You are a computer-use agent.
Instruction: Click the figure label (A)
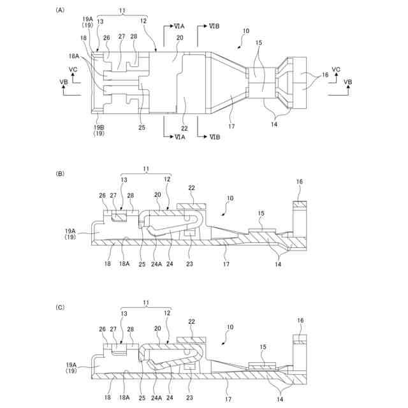(x=60, y=10)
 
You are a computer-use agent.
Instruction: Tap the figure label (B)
(x=60, y=173)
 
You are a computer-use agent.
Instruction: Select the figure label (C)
(x=60, y=307)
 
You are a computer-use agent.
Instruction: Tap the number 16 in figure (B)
(x=300, y=182)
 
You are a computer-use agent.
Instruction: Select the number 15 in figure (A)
(x=258, y=61)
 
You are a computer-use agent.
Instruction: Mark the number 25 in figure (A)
(x=142, y=127)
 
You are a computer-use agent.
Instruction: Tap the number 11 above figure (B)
(x=145, y=170)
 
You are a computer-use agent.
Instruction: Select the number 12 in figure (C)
(x=168, y=314)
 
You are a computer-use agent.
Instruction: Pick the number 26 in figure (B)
(x=103, y=195)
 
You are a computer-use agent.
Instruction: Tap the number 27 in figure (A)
(x=121, y=38)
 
